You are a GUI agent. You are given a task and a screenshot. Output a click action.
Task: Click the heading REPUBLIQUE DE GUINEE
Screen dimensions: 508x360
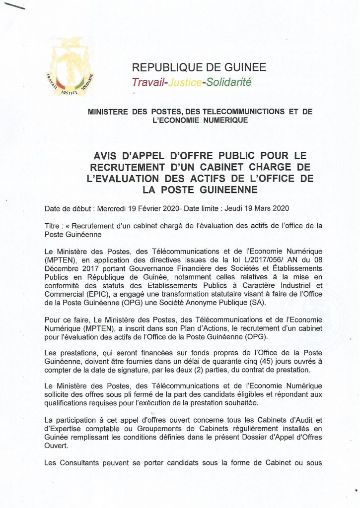click(x=199, y=67)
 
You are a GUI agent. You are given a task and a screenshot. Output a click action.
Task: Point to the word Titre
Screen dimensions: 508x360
click(x=53, y=225)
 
